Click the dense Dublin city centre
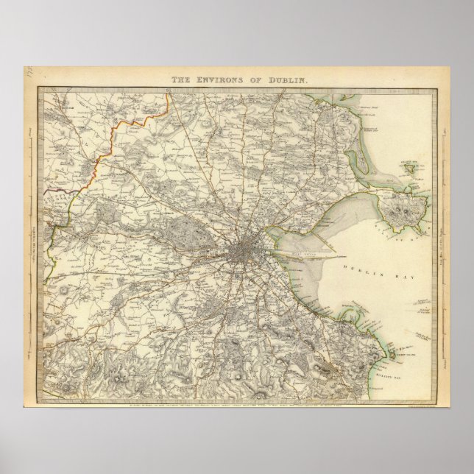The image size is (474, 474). [x=244, y=255]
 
